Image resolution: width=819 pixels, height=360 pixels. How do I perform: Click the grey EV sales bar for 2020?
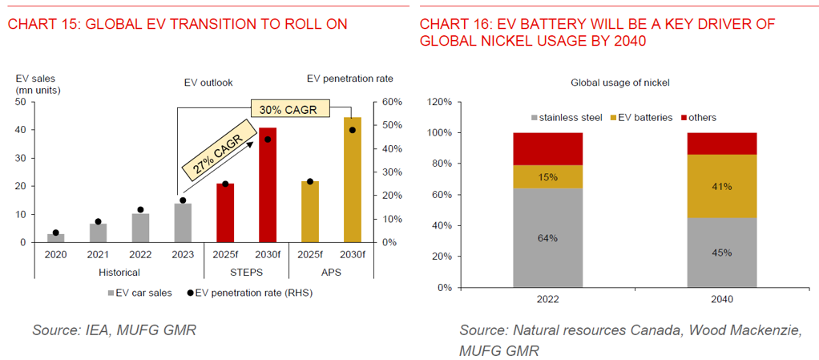(x=56, y=238)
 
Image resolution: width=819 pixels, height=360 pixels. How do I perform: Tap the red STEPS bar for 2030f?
(x=267, y=185)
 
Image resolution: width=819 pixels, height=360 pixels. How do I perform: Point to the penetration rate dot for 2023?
(x=183, y=200)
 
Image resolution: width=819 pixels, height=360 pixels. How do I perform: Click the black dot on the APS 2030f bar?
(x=352, y=130)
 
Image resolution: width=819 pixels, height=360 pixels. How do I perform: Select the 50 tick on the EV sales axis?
(x=21, y=102)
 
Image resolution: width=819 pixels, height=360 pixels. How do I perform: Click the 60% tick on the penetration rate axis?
(x=390, y=102)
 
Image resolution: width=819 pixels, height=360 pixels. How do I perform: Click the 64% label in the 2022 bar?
(x=547, y=237)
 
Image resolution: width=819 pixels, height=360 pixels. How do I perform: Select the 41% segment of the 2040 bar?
(x=721, y=187)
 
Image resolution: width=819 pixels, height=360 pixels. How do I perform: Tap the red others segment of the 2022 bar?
(x=547, y=149)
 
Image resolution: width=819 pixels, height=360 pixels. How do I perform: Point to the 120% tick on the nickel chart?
(x=441, y=102)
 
